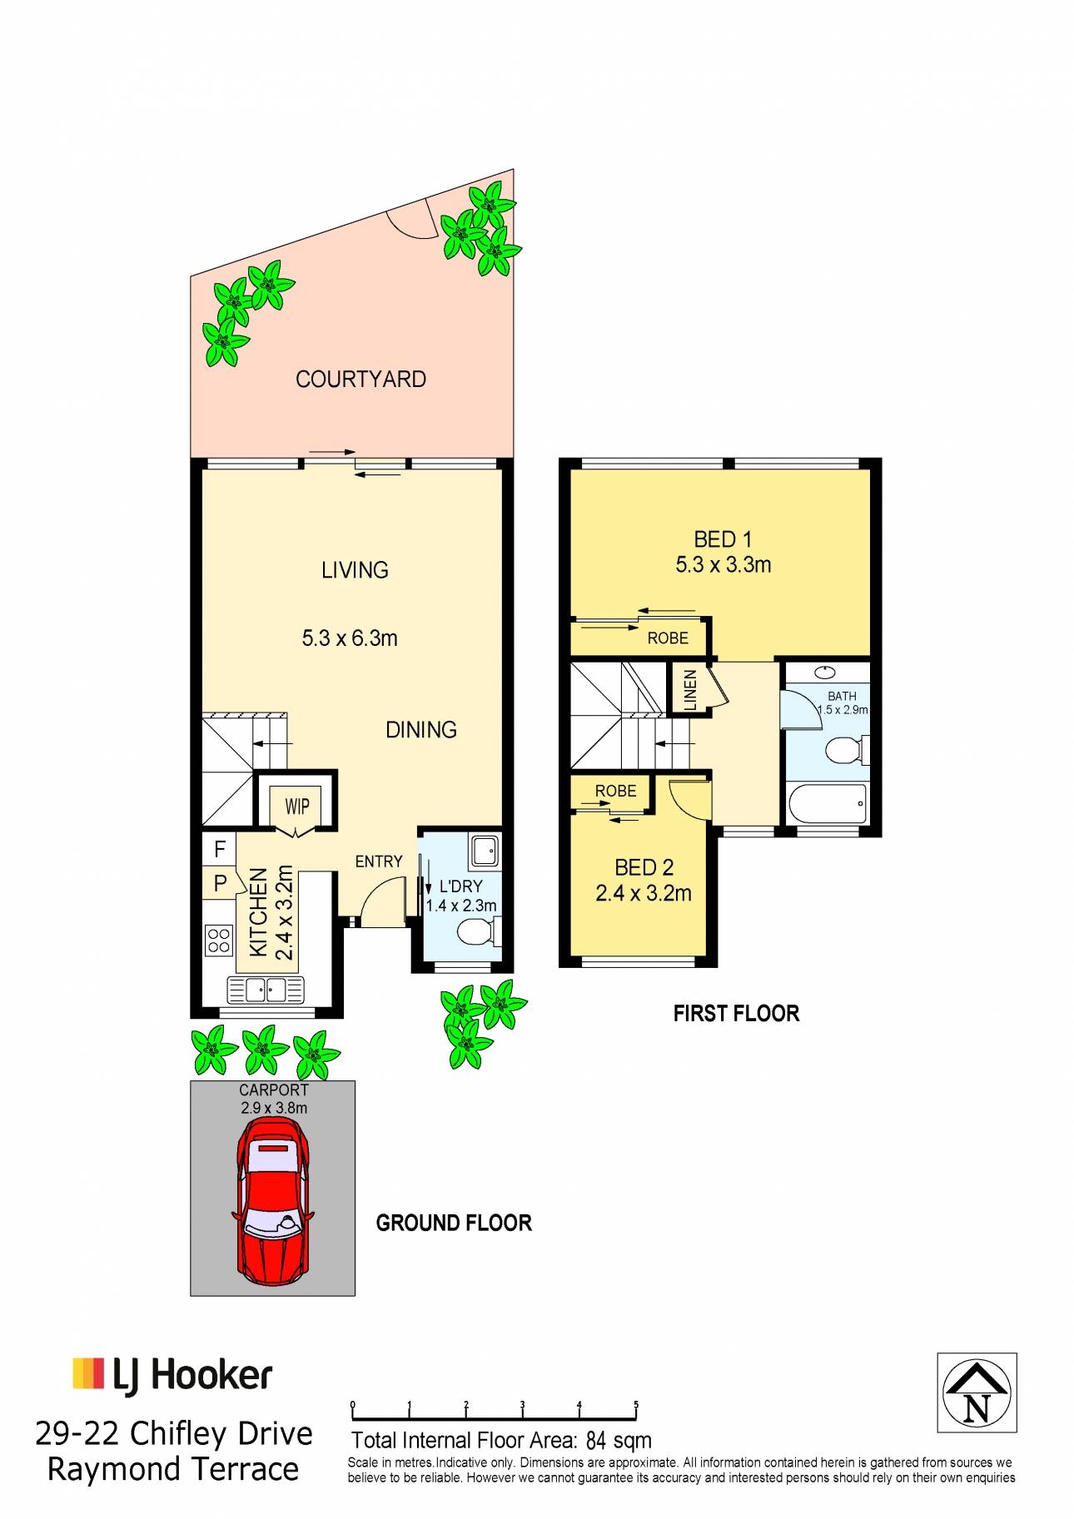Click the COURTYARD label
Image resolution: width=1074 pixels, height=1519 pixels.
(360, 380)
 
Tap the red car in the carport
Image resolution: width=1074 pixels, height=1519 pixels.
(273, 1201)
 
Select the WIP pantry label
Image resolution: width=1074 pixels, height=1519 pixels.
(297, 806)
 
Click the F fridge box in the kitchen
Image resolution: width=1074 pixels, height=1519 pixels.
(220, 849)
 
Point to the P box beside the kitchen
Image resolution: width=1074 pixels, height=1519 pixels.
(221, 883)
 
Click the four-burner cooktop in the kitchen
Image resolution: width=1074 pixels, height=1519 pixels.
(219, 941)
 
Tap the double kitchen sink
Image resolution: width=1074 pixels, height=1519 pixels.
(266, 990)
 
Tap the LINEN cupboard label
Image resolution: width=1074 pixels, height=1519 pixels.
(690, 690)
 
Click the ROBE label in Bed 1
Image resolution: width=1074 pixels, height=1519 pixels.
(668, 638)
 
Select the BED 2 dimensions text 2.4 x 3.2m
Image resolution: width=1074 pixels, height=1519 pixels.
(644, 894)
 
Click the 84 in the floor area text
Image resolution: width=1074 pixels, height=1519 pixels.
(596, 1441)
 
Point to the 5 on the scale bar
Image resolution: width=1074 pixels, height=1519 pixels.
(636, 1405)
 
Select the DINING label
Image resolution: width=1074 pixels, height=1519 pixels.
(421, 730)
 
